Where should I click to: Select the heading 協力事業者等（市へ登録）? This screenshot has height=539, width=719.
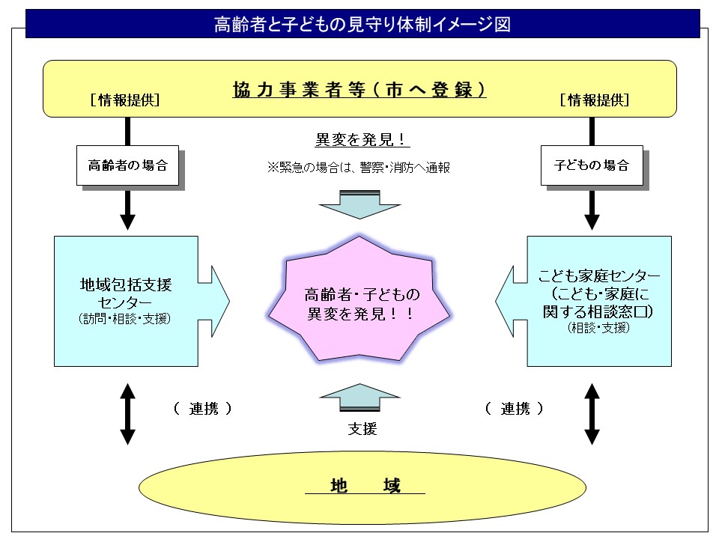pyautogui.click(x=359, y=90)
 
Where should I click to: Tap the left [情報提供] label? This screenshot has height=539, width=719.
pyautogui.click(x=124, y=100)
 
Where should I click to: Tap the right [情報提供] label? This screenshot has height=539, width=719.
pyautogui.click(x=594, y=100)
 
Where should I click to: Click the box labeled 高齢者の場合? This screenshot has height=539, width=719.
pyautogui.click(x=127, y=165)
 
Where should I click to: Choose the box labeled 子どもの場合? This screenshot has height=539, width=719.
pyautogui.click(x=592, y=165)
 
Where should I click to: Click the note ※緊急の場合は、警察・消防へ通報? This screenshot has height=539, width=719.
pyautogui.click(x=359, y=168)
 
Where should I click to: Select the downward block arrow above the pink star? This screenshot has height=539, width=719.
pyautogui.click(x=359, y=202)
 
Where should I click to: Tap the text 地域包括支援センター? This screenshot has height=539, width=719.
pyautogui.click(x=126, y=293)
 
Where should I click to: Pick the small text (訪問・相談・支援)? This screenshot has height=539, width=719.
pyautogui.click(x=125, y=319)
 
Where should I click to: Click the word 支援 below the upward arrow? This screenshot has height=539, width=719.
pyautogui.click(x=362, y=429)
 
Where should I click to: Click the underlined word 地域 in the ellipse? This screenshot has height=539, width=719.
pyautogui.click(x=365, y=486)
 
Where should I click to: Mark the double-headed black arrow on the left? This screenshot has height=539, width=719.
pyautogui.click(x=127, y=413)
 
